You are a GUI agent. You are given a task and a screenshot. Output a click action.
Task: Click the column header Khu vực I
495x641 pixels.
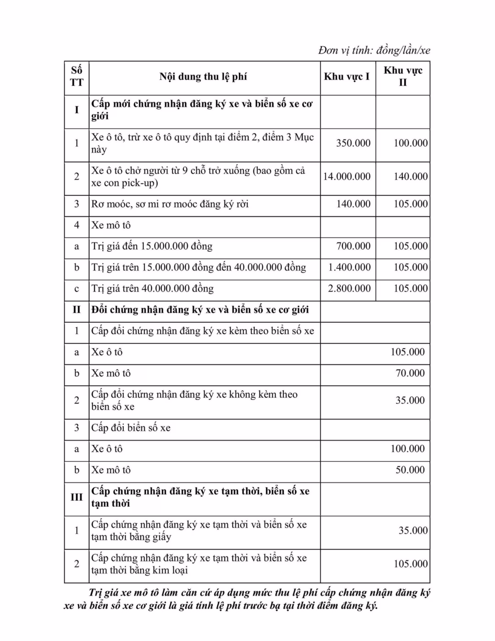[x=346, y=77]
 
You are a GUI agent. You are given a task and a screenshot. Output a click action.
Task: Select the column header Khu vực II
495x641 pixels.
[x=403, y=76]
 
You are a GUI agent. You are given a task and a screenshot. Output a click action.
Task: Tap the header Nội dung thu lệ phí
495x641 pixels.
[x=203, y=77]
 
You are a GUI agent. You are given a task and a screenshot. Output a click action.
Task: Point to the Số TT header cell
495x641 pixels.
[x=77, y=76]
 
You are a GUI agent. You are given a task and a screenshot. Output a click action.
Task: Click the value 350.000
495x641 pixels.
[x=353, y=143]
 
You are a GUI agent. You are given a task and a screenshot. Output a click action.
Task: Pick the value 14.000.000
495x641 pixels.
[x=346, y=177]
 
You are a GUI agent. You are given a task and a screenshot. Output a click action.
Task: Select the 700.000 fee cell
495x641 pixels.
[x=353, y=246]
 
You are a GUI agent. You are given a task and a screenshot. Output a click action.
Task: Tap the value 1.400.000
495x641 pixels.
[x=349, y=267]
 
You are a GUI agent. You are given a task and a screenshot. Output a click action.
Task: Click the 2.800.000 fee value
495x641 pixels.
[x=349, y=288]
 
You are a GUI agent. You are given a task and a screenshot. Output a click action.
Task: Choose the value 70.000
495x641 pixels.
[x=410, y=373]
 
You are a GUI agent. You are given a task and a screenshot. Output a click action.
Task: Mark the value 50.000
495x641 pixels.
[x=410, y=470]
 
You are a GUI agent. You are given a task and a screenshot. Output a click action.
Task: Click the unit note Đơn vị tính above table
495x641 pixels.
[x=374, y=50]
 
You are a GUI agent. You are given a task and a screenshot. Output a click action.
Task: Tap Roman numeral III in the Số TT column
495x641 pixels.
[x=77, y=497]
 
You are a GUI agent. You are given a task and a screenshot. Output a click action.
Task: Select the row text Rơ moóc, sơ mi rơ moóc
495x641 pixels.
[x=170, y=204]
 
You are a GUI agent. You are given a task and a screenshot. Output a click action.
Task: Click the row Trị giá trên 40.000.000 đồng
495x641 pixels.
[x=152, y=288]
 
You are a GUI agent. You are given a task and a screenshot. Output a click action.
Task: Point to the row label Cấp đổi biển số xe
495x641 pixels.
[x=131, y=428]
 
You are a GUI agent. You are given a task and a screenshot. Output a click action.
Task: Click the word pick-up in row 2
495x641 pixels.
[x=139, y=183]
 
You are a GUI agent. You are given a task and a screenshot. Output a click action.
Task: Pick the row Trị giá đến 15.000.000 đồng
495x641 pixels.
[x=152, y=246]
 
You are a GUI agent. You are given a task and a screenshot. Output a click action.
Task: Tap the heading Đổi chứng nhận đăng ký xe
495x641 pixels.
[x=200, y=310]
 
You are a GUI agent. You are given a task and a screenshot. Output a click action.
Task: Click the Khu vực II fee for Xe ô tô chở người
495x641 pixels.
[x=410, y=177]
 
